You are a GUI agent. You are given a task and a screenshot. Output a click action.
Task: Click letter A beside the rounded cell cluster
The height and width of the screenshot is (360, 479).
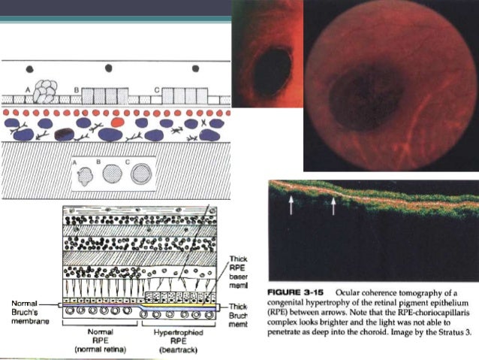click(x=29, y=89)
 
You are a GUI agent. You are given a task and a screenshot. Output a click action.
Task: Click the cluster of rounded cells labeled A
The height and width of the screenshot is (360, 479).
click(x=47, y=92)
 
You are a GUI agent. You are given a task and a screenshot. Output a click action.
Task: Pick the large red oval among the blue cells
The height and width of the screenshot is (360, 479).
click(x=116, y=121)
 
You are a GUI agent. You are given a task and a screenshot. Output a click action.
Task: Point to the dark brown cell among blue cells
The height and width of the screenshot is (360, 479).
click(x=64, y=135)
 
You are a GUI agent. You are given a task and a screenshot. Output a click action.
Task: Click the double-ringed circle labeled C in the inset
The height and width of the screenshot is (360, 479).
click(x=140, y=174)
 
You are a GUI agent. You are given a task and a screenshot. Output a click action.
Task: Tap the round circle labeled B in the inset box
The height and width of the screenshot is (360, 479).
click(x=111, y=175)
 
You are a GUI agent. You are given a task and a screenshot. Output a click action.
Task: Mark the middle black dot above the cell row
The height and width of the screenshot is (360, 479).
click(x=110, y=68)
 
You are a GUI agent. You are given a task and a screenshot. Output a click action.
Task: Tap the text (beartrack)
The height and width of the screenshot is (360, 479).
click(x=174, y=350)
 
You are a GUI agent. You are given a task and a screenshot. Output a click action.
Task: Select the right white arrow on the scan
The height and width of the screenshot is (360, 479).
click(x=333, y=205)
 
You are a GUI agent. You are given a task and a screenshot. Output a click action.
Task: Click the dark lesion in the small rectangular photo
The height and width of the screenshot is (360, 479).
click(x=271, y=69)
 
